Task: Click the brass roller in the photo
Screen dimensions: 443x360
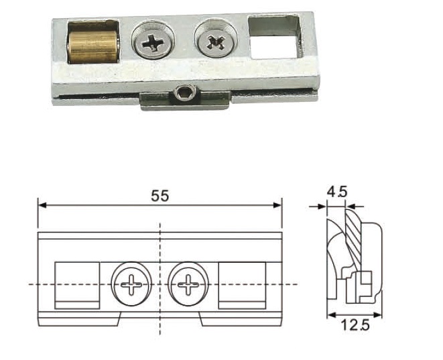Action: click(92, 47)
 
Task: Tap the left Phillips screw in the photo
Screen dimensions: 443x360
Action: click(153, 41)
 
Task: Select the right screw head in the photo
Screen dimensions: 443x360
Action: click(216, 40)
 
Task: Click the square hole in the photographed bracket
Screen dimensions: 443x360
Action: click(273, 38)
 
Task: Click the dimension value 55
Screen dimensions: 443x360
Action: click(160, 196)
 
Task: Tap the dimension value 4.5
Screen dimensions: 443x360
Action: click(337, 192)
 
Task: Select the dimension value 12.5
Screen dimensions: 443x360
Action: click(355, 325)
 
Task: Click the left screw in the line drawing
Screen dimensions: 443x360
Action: click(131, 284)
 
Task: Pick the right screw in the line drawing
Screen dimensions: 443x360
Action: click(188, 284)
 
